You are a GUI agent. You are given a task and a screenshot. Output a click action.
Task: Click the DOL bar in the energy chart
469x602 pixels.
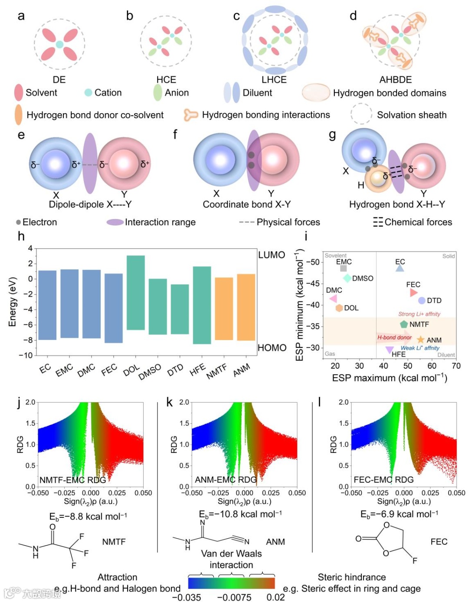pyautogui.click(x=135, y=293)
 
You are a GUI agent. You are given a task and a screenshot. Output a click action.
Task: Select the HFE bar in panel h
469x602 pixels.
pyautogui.click(x=202, y=305)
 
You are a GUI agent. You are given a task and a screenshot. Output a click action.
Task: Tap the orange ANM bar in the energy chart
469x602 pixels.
pyautogui.click(x=246, y=307)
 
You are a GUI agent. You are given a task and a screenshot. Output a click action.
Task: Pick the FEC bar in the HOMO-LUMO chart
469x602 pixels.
pyautogui.click(x=113, y=308)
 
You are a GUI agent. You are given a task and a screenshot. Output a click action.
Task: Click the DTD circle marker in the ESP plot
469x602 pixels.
pyautogui.click(x=422, y=301)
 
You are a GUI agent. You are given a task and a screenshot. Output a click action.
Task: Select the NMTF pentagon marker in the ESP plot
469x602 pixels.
pyautogui.click(x=404, y=324)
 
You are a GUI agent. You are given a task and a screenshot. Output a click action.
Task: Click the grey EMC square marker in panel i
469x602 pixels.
pyautogui.click(x=343, y=268)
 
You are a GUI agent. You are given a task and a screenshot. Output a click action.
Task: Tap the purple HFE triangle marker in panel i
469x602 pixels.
pyautogui.click(x=390, y=350)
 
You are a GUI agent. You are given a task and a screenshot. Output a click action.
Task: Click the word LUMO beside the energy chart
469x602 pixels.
pyautogui.click(x=271, y=255)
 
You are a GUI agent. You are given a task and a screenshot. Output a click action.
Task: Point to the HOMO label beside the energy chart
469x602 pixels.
pyautogui.click(x=272, y=348)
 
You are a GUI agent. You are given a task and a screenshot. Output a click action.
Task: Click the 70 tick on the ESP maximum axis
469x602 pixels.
pyautogui.click(x=456, y=366)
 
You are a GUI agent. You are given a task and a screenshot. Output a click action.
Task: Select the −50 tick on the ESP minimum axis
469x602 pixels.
pyautogui.click(x=313, y=262)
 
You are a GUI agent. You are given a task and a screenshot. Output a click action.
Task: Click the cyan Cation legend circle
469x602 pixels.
pyautogui.click(x=88, y=92)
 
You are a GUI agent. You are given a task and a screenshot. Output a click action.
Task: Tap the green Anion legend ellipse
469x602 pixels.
pyautogui.click(x=158, y=92)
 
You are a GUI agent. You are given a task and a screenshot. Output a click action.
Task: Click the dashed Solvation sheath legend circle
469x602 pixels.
pyautogui.click(x=361, y=115)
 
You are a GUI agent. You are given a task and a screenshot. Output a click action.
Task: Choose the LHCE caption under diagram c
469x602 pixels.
pyautogui.click(x=274, y=80)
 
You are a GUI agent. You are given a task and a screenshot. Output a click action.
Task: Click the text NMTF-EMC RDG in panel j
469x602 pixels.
pyautogui.click(x=73, y=480)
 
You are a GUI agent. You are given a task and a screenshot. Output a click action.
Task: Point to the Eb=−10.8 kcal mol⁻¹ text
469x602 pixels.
pyautogui.click(x=240, y=514)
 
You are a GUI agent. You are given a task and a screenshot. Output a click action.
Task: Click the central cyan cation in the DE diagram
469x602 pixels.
pyautogui.click(x=59, y=44)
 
